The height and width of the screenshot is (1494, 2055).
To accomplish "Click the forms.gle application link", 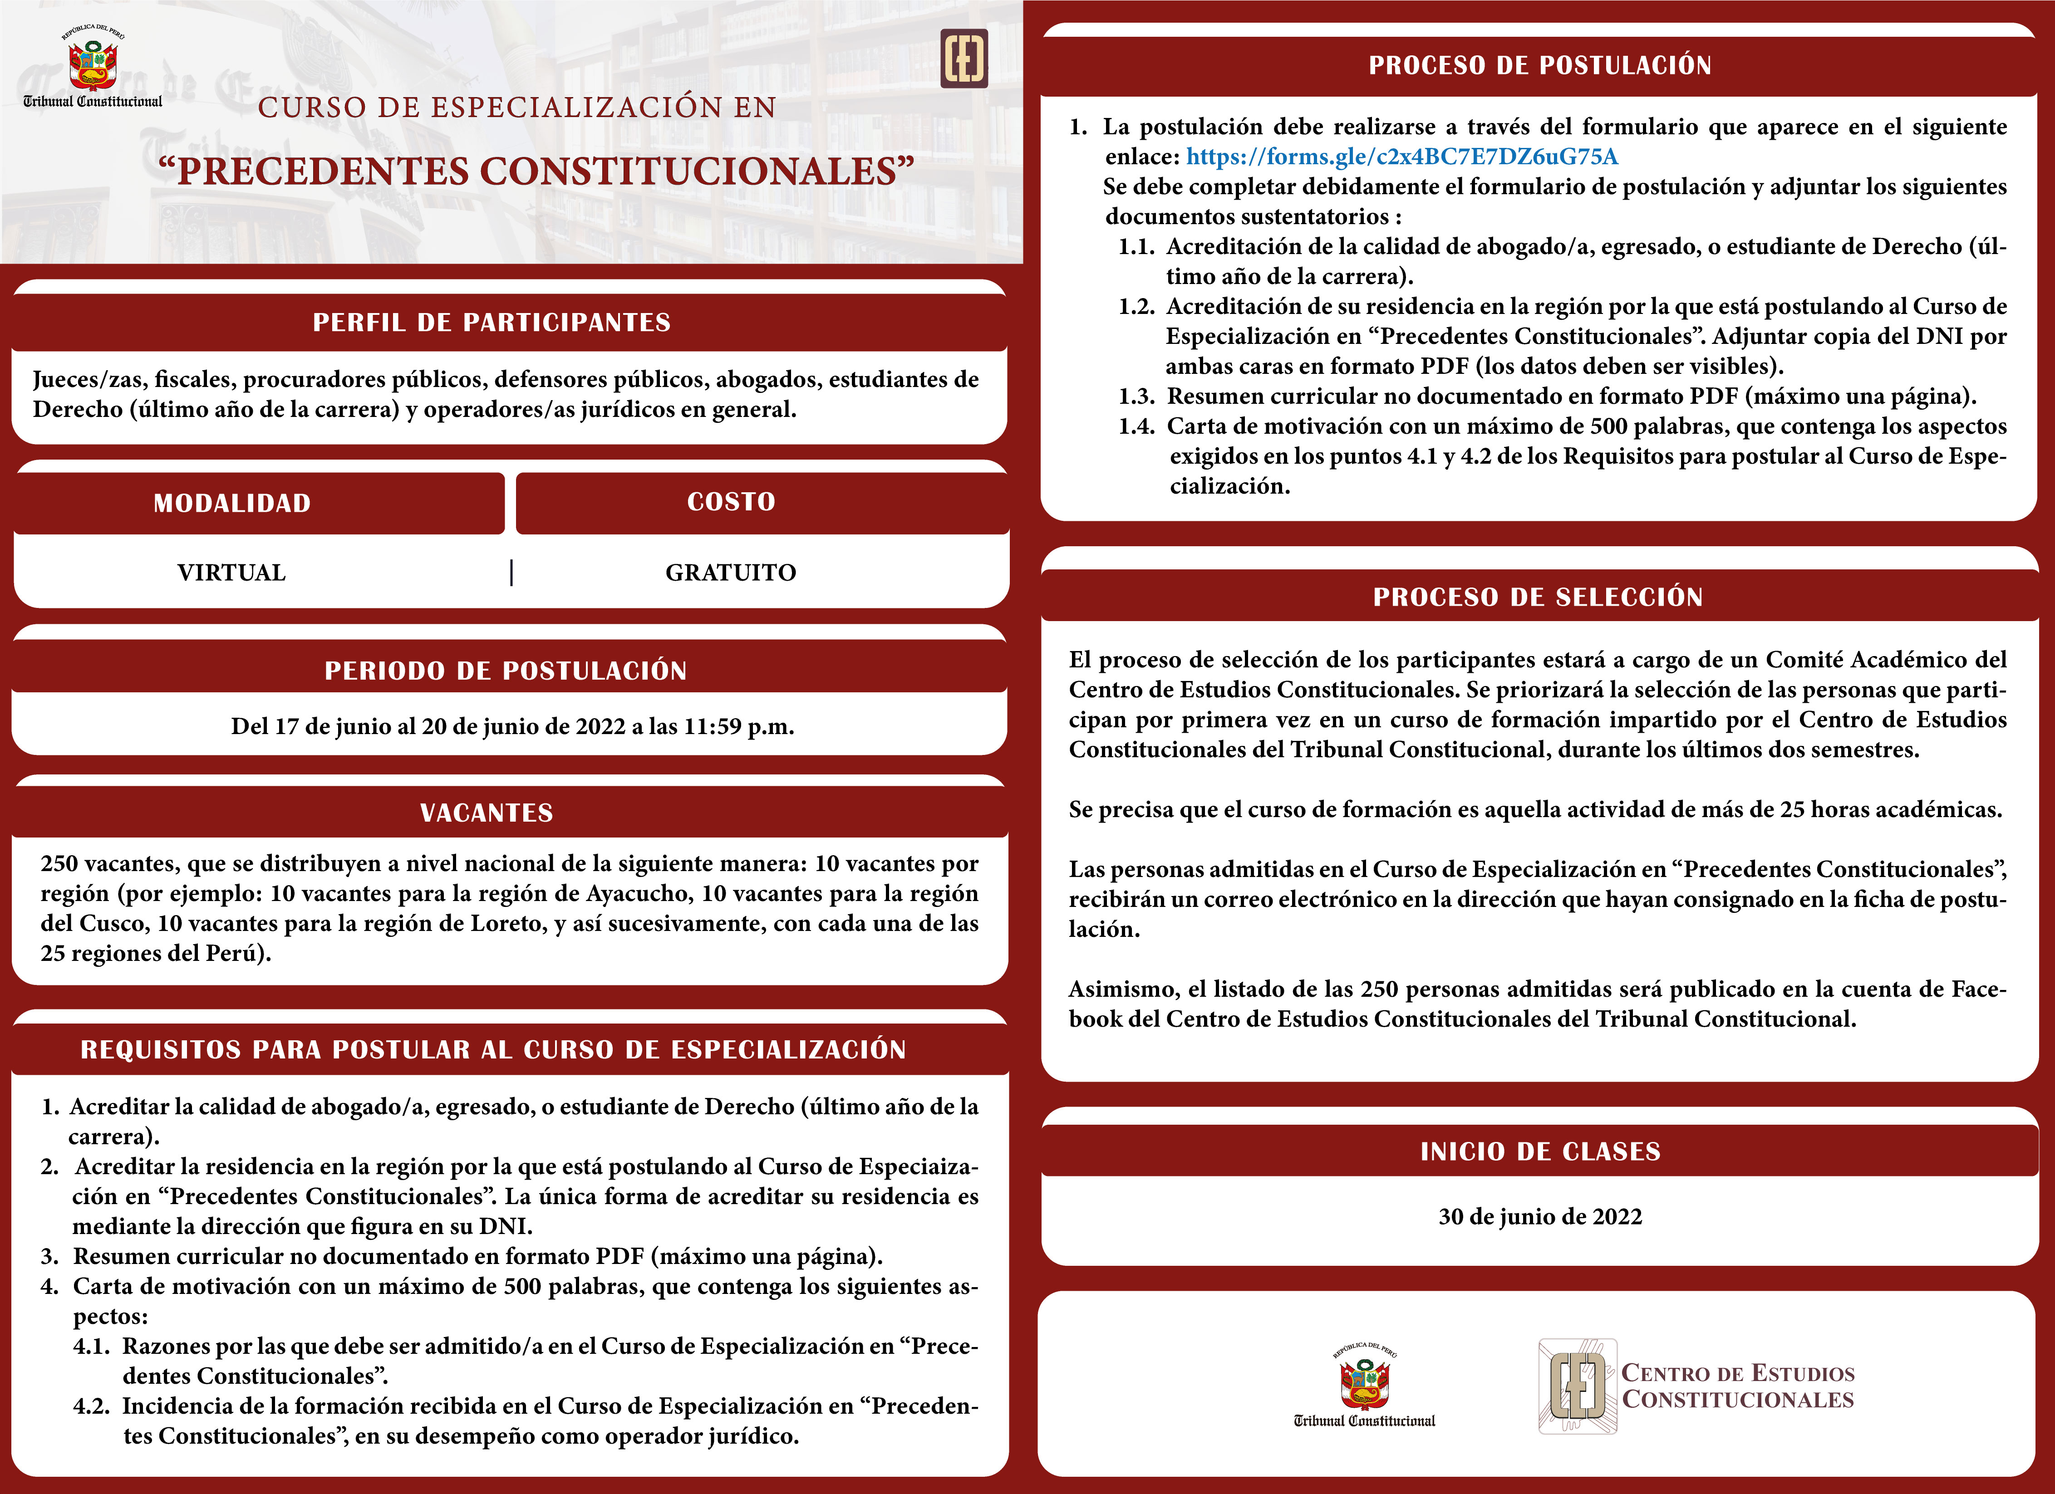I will pos(1402,157).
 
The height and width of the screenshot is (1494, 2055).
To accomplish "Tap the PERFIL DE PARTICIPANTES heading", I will pos(492,323).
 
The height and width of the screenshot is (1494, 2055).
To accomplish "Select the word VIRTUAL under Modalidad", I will pos(232,573).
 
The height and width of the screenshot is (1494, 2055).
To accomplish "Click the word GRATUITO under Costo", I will pos(730,573).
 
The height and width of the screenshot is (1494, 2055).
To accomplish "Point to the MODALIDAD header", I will pos(232,503).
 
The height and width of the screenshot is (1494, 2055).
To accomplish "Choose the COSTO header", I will pos(731,501).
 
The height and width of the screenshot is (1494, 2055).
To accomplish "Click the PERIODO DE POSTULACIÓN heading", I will pos(506,671).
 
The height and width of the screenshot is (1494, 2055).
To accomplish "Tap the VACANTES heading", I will pos(487,813).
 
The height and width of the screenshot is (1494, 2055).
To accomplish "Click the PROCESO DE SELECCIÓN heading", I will pos(1538,597).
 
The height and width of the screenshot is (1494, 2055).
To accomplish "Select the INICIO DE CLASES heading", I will pos(1539,1151).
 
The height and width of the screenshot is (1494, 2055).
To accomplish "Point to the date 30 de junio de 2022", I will pos(1539,1217).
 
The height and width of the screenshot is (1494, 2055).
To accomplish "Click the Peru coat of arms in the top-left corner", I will pos(93,62).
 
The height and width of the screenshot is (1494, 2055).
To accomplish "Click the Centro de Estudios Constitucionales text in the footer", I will pos(1737,1386).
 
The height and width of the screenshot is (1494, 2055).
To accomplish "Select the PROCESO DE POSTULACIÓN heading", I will pos(1539,65).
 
